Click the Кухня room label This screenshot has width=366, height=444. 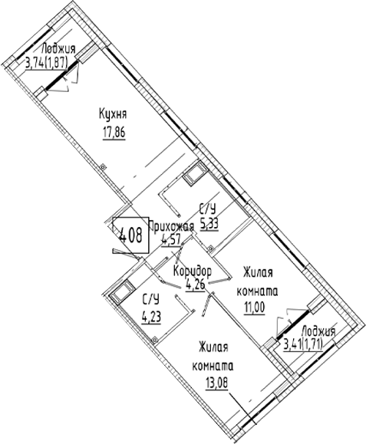tap(113, 114)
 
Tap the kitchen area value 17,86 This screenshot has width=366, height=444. tap(114, 133)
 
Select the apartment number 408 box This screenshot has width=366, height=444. tap(130, 235)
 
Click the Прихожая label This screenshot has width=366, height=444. tap(171, 226)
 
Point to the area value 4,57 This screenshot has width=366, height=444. tap(171, 241)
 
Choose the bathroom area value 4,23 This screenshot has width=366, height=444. tap(151, 317)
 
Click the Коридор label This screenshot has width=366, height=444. tap(193, 271)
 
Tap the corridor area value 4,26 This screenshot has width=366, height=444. tap(195, 284)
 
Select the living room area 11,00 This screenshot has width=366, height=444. tap(255, 308)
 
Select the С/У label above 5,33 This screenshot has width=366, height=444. tap(208, 210)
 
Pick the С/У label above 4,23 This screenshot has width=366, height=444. tap(150, 300)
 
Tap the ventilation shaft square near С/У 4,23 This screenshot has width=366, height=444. tap(122, 293)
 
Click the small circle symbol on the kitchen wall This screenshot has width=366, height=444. tap(103, 166)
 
